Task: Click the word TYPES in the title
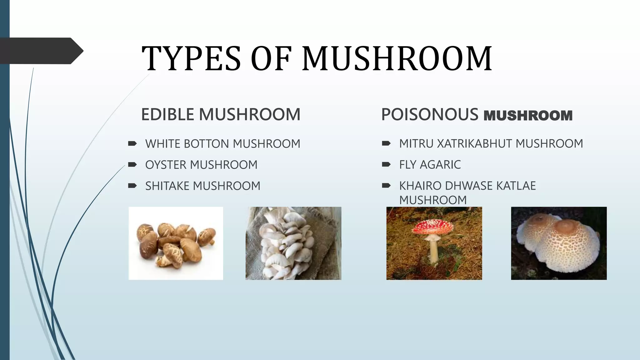coord(191,58)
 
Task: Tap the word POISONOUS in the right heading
coord(430,114)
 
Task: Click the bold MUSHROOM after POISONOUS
coord(528,116)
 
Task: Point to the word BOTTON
coord(207,144)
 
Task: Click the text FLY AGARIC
coord(430,165)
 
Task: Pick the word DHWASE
coord(469,186)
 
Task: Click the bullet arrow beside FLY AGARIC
coord(386,164)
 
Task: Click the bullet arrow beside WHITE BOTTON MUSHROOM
coord(132,143)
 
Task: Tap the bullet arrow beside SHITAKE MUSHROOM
coord(132,186)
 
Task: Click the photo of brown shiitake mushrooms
coord(176,243)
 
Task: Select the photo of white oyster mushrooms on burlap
coord(293,243)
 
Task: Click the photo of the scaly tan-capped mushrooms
coord(559,243)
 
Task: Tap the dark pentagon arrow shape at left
coord(41,51)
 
